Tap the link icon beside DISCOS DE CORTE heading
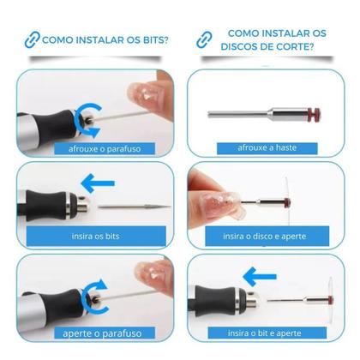(x=202, y=39)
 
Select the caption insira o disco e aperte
(x=264, y=236)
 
